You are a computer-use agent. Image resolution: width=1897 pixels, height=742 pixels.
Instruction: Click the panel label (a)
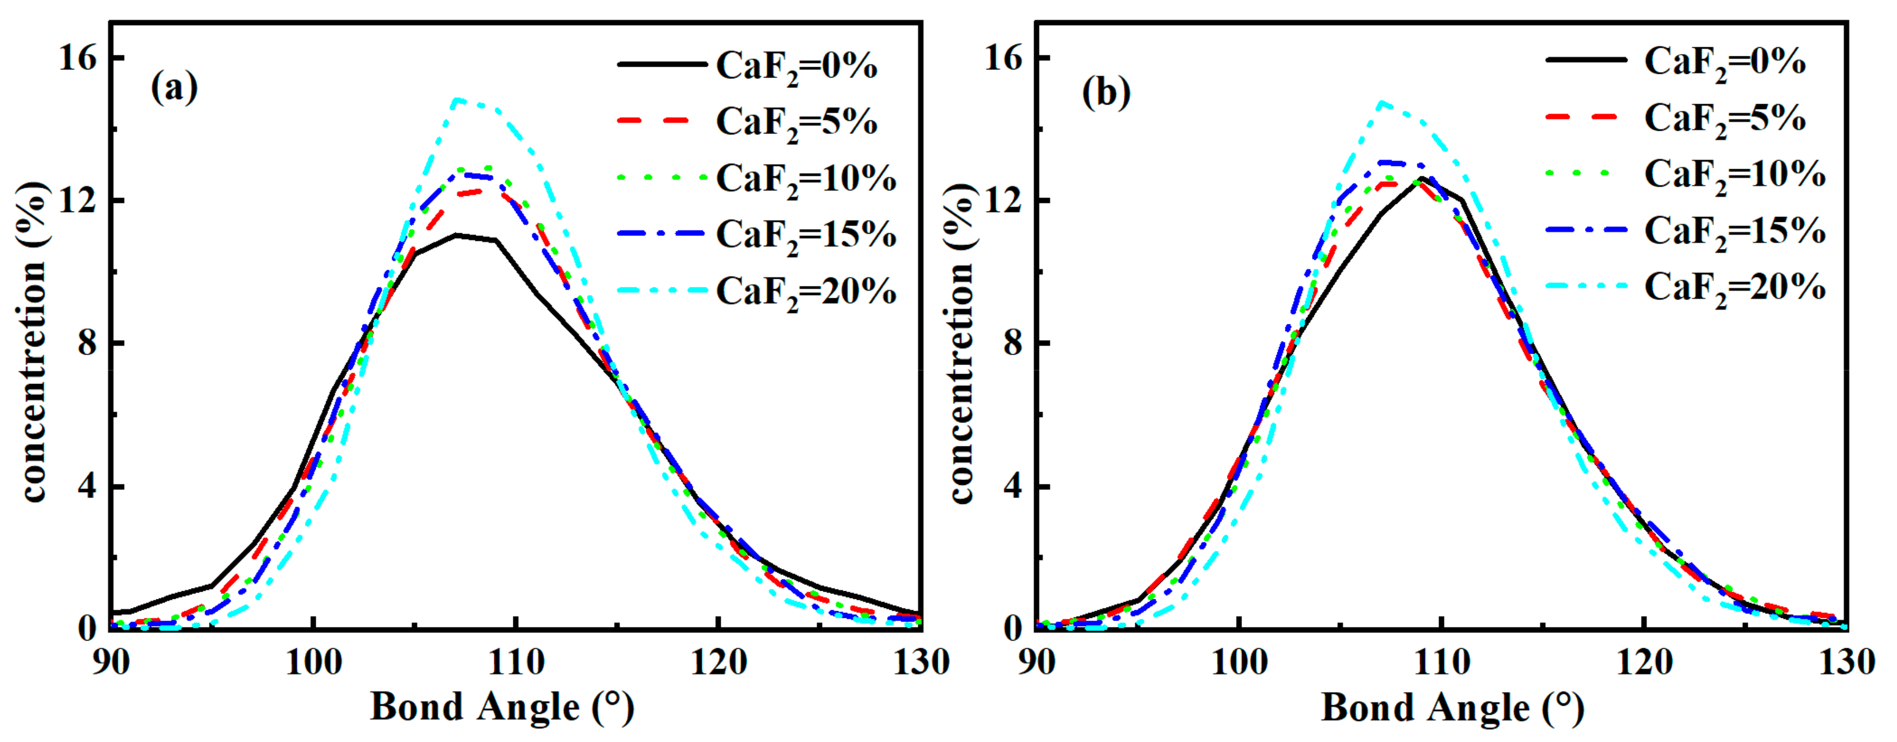click(175, 88)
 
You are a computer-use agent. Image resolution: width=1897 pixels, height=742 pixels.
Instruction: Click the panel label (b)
click(1106, 93)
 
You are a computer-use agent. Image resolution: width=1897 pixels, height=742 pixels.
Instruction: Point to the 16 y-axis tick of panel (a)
click(78, 57)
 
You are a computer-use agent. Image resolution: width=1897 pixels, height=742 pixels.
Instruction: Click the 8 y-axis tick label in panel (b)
click(1014, 343)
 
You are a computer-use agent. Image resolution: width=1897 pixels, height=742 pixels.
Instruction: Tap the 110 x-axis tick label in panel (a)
click(515, 663)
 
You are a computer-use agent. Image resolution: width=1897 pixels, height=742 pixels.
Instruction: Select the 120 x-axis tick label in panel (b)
click(1644, 663)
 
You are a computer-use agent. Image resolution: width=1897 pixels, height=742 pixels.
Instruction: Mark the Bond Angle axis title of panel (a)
click(502, 707)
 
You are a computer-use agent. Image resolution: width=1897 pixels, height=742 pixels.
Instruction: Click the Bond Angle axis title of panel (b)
click(1452, 707)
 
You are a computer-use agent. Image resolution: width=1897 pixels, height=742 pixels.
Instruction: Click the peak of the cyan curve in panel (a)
click(458, 99)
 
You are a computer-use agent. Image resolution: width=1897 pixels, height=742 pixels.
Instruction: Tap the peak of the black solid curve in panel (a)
click(456, 235)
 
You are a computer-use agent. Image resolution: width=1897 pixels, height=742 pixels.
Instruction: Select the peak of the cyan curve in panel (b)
click(1382, 103)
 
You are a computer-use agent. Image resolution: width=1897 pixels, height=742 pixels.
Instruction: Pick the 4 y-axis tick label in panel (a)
click(88, 487)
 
